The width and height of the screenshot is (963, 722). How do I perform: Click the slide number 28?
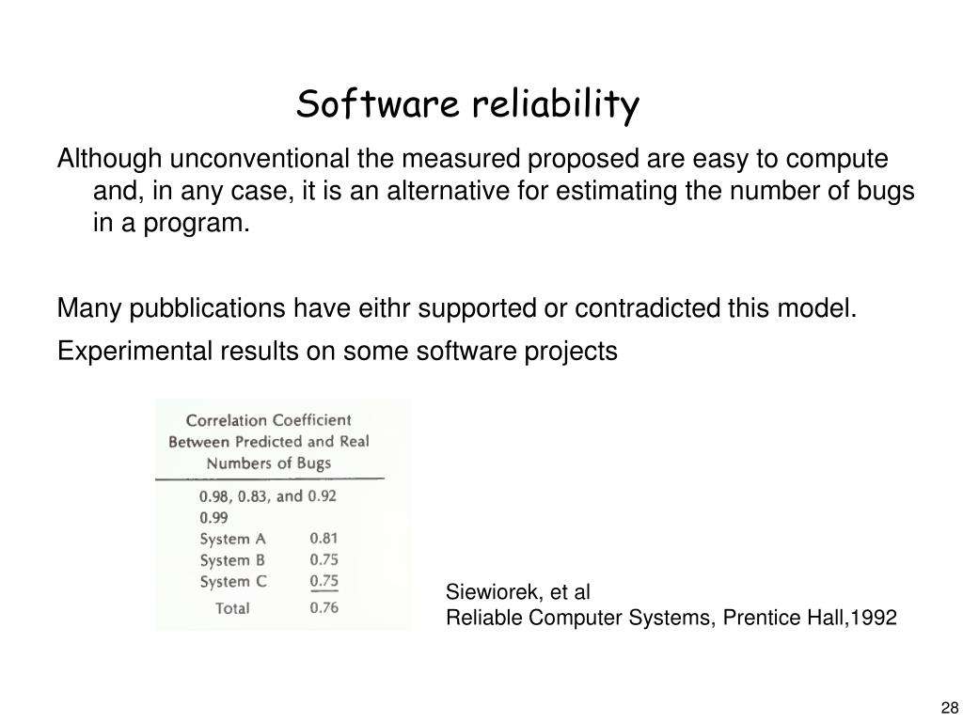click(x=947, y=708)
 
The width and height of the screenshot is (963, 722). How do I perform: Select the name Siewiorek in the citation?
click(x=485, y=593)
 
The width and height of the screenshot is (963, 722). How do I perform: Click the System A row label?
click(x=233, y=539)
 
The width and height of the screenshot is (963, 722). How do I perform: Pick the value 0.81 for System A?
click(x=324, y=539)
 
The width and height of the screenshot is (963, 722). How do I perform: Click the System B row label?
click(x=233, y=560)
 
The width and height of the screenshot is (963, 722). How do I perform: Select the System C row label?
click(x=233, y=581)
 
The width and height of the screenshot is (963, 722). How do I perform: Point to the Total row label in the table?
click(x=232, y=607)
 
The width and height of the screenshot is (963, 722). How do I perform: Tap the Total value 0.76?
click(x=324, y=607)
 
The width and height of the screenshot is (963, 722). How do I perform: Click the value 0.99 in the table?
click(x=213, y=517)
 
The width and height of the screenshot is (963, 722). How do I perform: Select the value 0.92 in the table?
click(x=323, y=495)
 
